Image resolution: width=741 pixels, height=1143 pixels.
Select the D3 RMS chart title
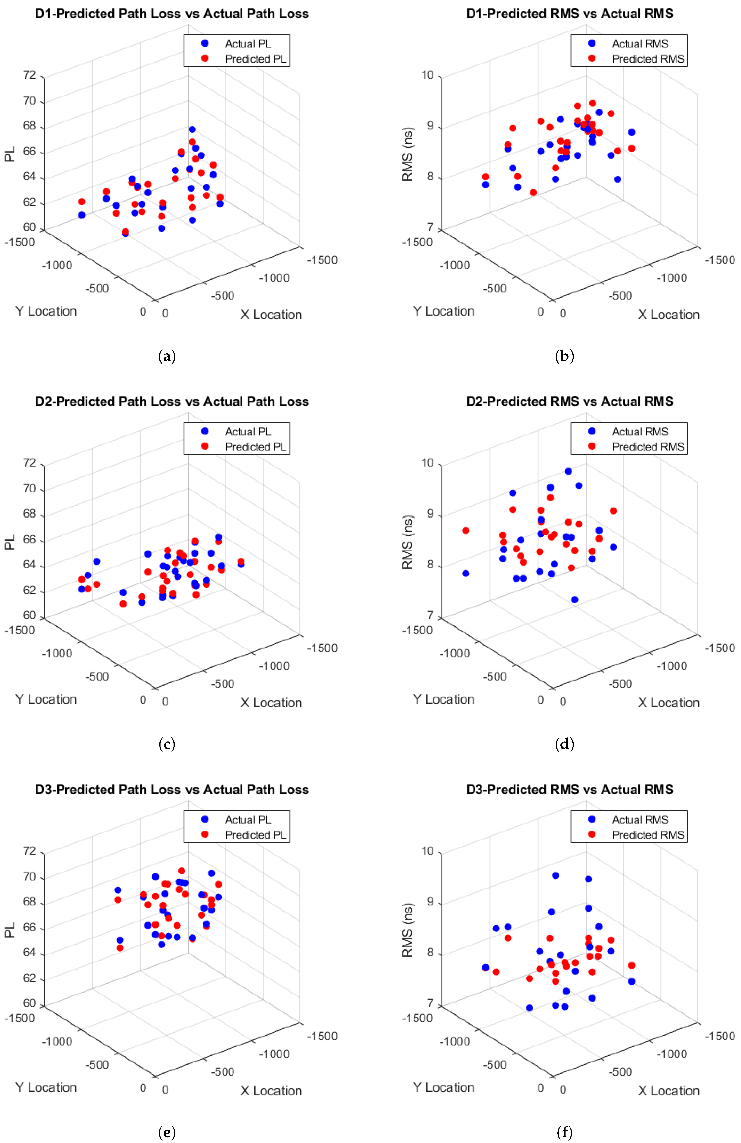[570, 790]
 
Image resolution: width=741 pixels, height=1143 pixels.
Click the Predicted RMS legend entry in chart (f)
[647, 835]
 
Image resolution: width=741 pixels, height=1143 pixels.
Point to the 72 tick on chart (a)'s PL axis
[29, 75]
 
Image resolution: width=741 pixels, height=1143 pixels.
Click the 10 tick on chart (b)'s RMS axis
[427, 75]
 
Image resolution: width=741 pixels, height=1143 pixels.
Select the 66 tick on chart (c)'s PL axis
[29, 540]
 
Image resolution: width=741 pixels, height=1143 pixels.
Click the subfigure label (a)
[167, 356]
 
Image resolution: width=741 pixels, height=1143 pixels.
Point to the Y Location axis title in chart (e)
[46, 1087]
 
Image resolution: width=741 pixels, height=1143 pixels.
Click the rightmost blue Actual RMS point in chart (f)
[632, 981]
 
